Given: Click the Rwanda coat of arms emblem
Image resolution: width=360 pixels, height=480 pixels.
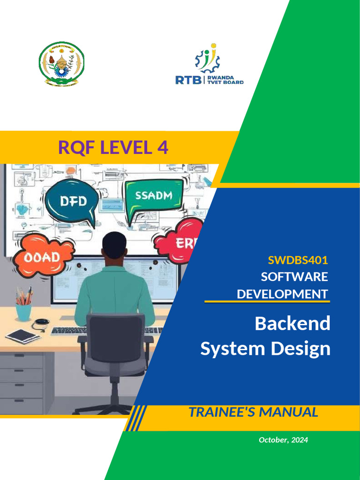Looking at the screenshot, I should click(x=61, y=62).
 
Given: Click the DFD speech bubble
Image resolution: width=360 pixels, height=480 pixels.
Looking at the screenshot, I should click(x=73, y=202).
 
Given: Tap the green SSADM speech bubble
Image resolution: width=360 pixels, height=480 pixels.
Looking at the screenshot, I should click(x=153, y=196).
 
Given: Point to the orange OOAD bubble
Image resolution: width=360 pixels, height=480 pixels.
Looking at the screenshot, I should click(x=43, y=257).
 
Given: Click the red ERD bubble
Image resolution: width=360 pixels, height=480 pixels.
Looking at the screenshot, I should click(x=180, y=242).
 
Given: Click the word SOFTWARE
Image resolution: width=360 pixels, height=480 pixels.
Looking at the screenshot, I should click(x=294, y=277).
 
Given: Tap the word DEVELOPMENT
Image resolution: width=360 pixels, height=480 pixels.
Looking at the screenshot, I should click(x=282, y=294).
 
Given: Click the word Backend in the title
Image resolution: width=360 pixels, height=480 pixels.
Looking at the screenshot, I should click(x=292, y=323).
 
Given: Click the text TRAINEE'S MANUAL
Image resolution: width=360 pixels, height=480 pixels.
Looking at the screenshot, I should click(x=253, y=412).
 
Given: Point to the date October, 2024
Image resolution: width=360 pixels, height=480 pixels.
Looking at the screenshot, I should click(x=284, y=440).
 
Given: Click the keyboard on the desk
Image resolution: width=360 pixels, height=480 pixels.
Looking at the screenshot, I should click(x=66, y=330).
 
